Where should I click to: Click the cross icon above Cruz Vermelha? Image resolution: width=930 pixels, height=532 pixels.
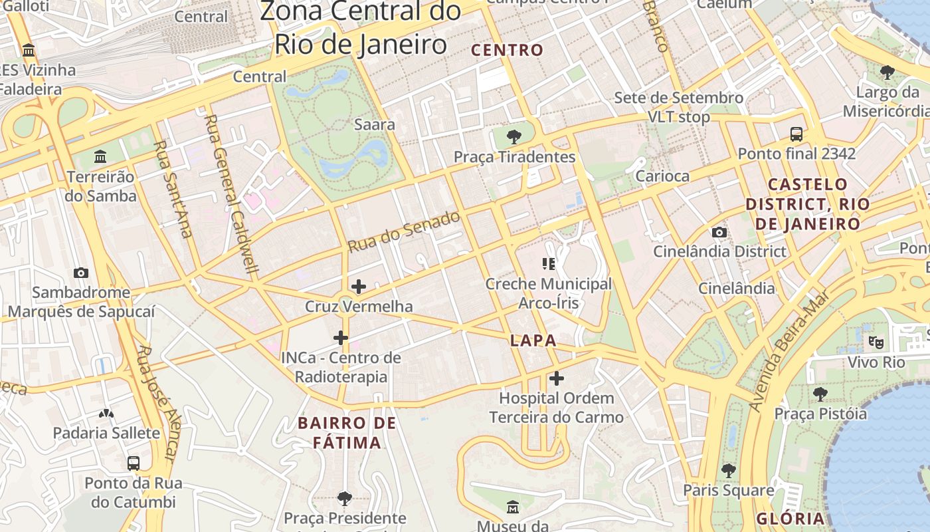pyautogui.click(x=358, y=287)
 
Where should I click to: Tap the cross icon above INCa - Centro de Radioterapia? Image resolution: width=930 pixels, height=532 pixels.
pyautogui.click(x=341, y=338)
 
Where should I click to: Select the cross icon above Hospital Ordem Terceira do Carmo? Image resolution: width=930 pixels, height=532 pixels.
pyautogui.click(x=557, y=379)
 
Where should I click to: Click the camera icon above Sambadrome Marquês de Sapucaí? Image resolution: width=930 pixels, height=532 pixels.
pyautogui.click(x=81, y=273)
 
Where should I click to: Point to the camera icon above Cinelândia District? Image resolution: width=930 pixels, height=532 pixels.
pyautogui.click(x=719, y=232)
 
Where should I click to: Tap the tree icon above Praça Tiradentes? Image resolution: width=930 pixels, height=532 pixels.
pyautogui.click(x=513, y=137)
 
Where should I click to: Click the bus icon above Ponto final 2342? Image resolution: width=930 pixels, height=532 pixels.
pyautogui.click(x=796, y=134)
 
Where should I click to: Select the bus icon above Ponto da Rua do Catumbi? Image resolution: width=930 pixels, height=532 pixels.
pyautogui.click(x=134, y=463)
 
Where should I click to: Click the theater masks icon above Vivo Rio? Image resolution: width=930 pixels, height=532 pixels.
pyautogui.click(x=876, y=342)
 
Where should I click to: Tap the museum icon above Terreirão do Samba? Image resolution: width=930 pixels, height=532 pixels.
pyautogui.click(x=100, y=157)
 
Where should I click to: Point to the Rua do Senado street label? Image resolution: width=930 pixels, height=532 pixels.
pyautogui.click(x=404, y=232)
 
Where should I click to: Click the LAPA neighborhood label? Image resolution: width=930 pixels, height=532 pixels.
pyautogui.click(x=533, y=340)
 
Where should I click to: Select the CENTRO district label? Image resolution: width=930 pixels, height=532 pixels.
pyautogui.click(x=507, y=50)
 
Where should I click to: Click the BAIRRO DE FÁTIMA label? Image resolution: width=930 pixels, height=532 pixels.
pyautogui.click(x=347, y=433)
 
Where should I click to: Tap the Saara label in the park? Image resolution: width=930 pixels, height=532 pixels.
pyautogui.click(x=375, y=124)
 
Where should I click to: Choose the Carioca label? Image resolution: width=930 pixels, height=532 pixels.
pyautogui.click(x=662, y=176)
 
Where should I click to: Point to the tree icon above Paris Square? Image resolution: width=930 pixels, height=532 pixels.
pyautogui.click(x=729, y=470)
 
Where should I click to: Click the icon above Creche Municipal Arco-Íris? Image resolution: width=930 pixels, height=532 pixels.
pyautogui.click(x=549, y=264)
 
